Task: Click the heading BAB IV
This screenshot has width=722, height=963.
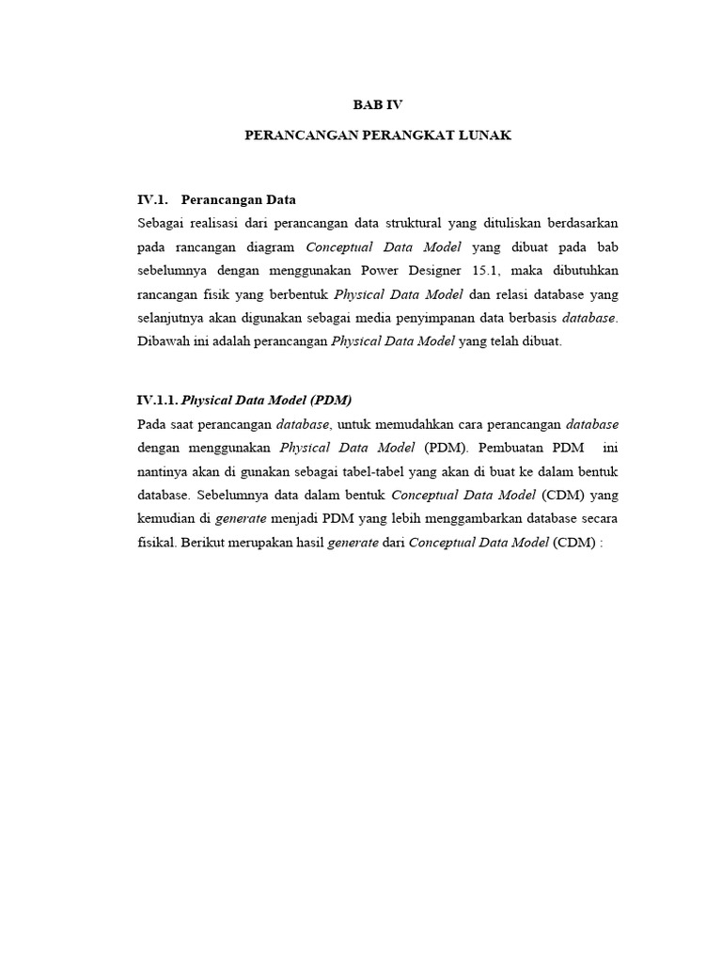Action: [377, 105]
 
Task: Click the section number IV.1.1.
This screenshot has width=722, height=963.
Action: [155, 400]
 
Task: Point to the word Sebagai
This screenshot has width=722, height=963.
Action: [162, 224]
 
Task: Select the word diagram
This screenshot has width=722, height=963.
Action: [274, 247]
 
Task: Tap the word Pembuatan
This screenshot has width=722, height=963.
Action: [508, 448]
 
